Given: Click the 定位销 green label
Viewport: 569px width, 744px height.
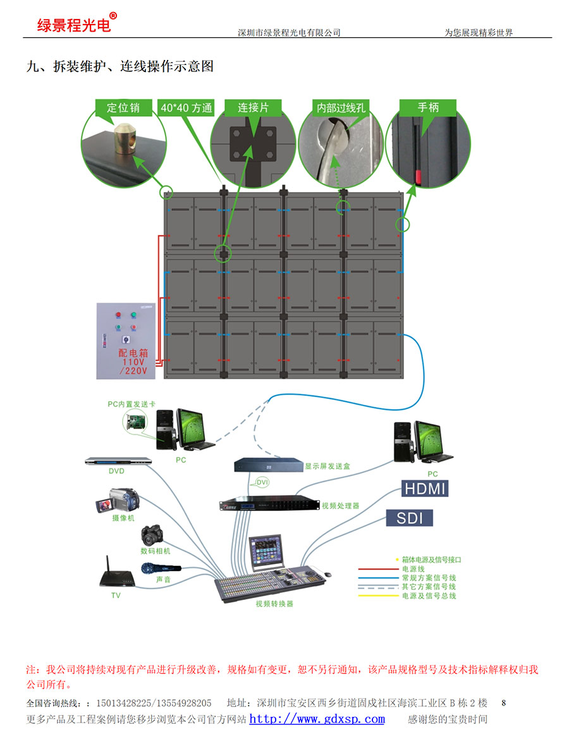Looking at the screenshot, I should pos(123,107).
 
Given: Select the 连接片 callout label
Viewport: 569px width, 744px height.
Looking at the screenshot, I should pos(253,107).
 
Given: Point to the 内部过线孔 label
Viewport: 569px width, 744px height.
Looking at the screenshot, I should pos(341,107).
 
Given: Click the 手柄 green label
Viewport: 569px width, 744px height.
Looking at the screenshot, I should pos(428,107).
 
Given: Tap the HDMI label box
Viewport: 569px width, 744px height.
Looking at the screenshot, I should pos(425,488).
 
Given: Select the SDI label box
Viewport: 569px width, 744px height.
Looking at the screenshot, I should pos(409,519).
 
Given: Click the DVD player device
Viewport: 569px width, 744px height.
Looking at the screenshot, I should pos(119,462).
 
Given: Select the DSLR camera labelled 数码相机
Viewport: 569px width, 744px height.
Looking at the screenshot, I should pos(153,534).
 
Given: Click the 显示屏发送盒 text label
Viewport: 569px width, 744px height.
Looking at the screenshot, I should pos(327,466).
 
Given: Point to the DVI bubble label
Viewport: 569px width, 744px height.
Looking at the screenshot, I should pos(262,483).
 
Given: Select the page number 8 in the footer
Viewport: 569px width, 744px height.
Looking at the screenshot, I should pos(503,702).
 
